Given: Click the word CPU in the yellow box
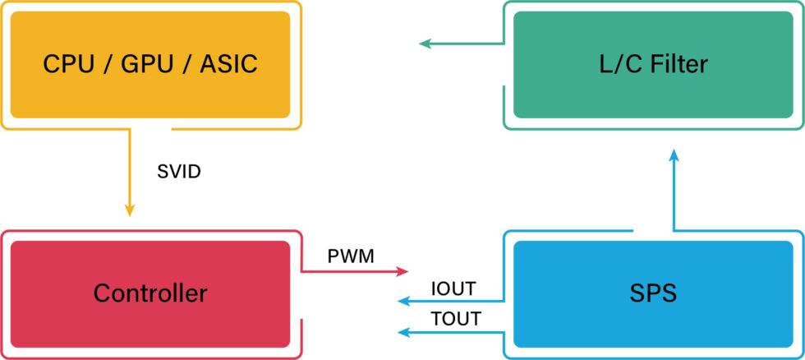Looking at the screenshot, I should [67, 64].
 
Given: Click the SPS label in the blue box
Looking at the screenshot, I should [653, 293].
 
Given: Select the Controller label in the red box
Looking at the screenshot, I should [150, 293].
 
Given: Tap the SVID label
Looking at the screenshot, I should [178, 173].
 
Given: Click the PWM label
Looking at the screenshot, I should [351, 256].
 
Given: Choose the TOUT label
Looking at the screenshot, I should [457, 320].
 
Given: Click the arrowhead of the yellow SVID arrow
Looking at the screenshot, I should [129, 211].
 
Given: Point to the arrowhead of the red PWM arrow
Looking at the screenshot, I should [402, 271].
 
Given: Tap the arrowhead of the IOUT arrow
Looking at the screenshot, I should [402, 302].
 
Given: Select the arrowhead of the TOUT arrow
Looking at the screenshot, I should [402, 332].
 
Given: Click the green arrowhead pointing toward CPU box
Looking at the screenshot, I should [425, 44].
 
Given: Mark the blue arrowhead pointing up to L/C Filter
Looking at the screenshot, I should [674, 155].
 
